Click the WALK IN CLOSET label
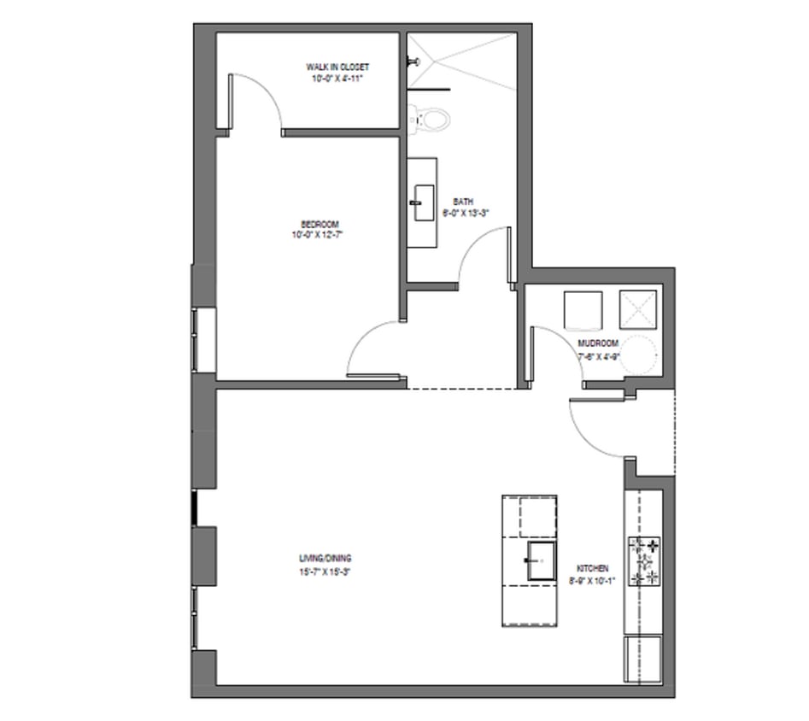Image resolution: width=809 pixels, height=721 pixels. (x=339, y=67)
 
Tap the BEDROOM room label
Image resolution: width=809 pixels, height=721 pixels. (x=320, y=225)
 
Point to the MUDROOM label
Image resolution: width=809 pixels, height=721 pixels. (x=598, y=343)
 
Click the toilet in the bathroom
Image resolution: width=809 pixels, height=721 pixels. (x=431, y=118)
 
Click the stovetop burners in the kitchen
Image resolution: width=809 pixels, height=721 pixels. (x=644, y=560)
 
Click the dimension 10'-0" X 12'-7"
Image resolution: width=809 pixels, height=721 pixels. (x=320, y=235)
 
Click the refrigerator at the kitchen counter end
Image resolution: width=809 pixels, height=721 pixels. (x=643, y=659)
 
